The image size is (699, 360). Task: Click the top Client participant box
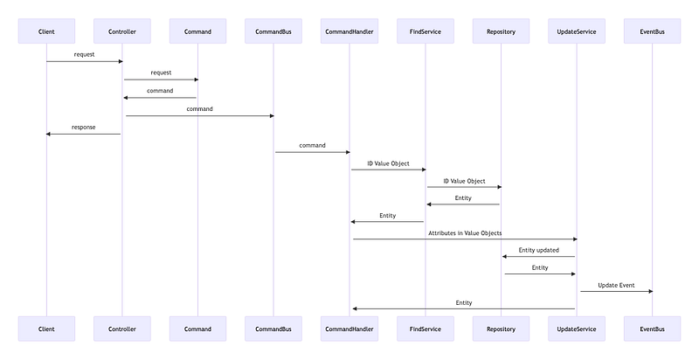(x=46, y=31)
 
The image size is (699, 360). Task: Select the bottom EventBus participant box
(x=652, y=329)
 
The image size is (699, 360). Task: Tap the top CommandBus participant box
(x=273, y=31)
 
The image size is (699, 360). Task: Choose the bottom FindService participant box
(x=426, y=329)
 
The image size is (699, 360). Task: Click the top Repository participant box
(x=501, y=31)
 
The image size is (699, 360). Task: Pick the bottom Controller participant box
(x=122, y=329)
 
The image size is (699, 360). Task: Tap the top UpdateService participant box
(x=577, y=31)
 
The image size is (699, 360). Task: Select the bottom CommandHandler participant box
(x=349, y=329)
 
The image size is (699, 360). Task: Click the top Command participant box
(x=198, y=31)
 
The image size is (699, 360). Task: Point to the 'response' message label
(x=83, y=128)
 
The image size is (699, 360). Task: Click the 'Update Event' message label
(x=616, y=285)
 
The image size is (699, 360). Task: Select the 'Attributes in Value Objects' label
(x=465, y=233)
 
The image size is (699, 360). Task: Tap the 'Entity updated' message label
(x=538, y=251)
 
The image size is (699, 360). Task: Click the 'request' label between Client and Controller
(x=84, y=55)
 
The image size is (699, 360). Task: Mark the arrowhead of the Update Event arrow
(x=650, y=291)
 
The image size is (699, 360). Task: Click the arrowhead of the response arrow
(x=48, y=134)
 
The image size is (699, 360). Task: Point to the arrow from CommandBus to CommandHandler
(x=313, y=152)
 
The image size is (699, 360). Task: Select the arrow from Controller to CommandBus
(x=200, y=116)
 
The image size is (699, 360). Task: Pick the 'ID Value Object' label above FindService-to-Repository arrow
(x=464, y=182)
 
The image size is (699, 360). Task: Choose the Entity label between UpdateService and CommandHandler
(x=464, y=303)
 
